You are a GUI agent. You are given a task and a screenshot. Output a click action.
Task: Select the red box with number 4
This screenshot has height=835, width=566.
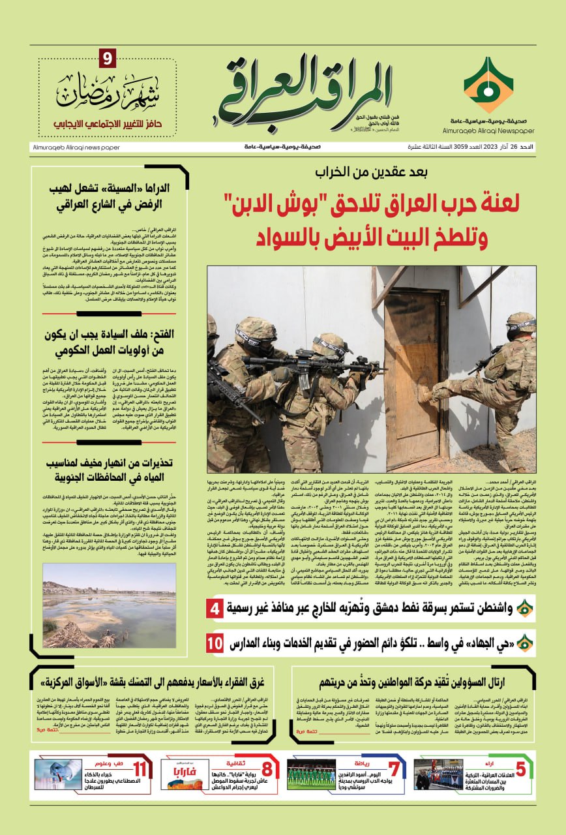point(215,609)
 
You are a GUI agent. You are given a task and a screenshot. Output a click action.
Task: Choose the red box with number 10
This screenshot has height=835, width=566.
point(215,643)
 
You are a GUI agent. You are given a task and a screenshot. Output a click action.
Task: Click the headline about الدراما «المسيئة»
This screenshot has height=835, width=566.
point(109,195)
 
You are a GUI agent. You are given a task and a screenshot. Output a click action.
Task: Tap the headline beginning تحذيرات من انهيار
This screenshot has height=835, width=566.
point(109,471)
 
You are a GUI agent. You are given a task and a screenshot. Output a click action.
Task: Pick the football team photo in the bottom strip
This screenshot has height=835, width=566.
point(312,772)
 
